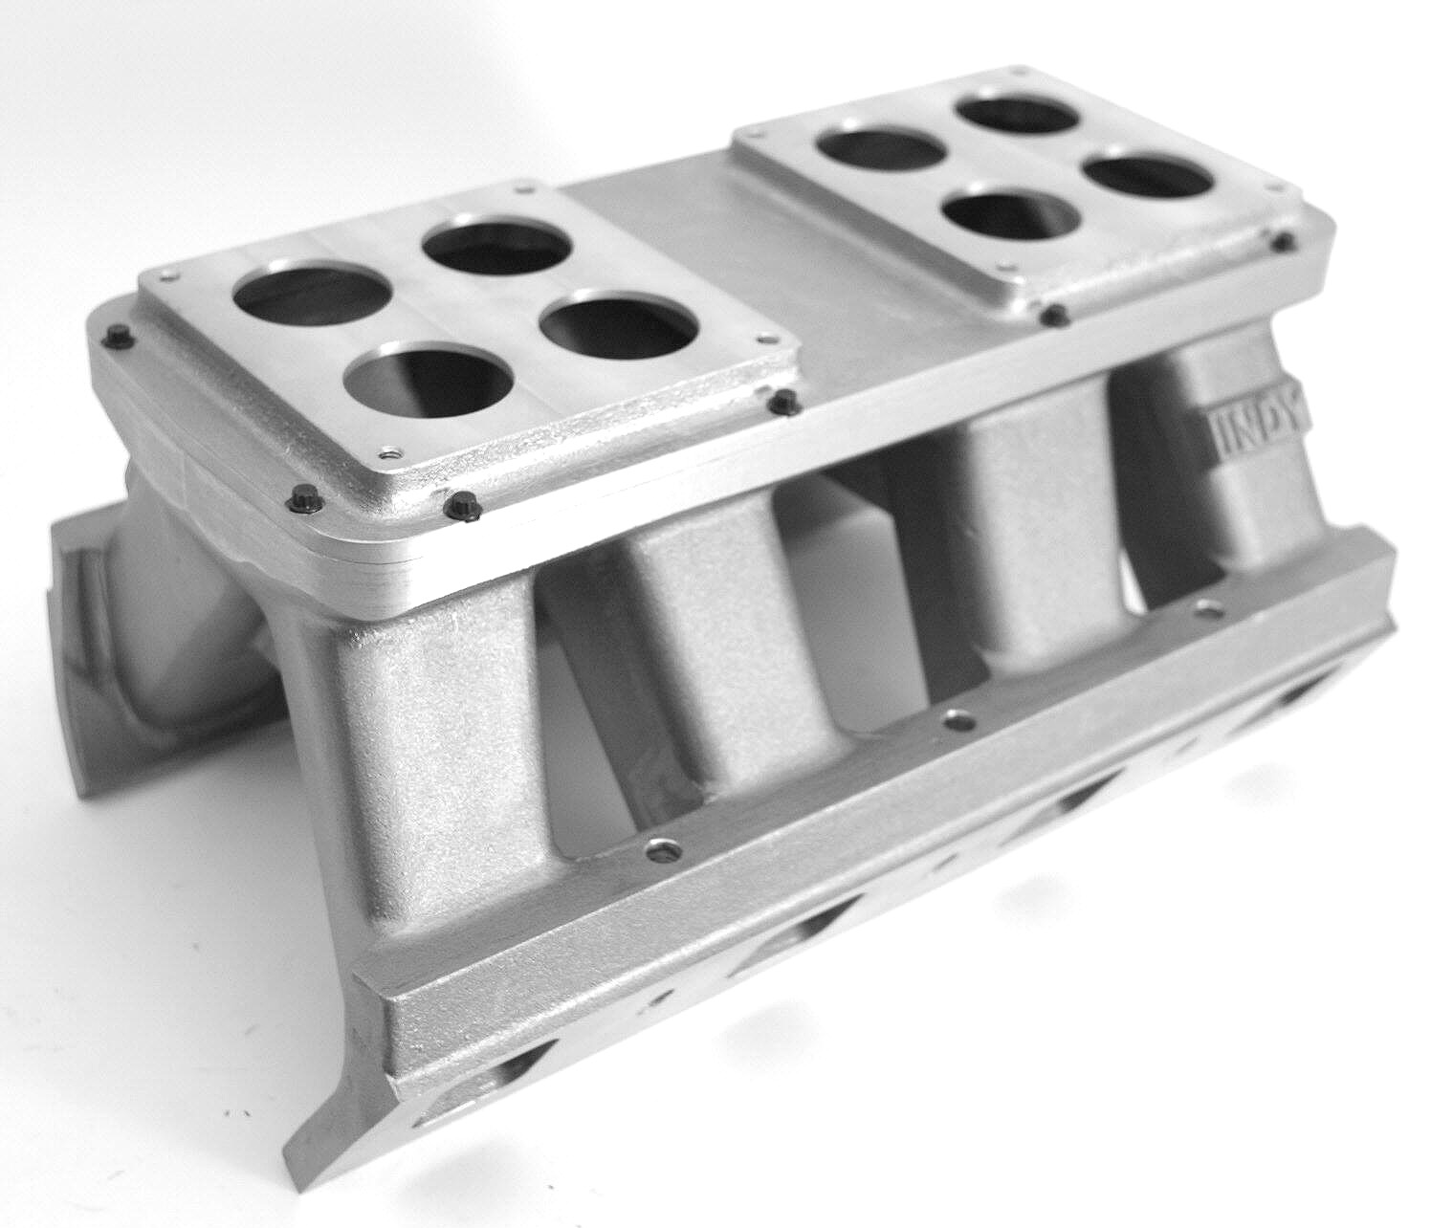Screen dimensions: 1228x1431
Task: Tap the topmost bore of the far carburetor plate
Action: (1019, 119)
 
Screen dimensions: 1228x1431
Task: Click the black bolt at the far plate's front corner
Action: (1049, 312)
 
